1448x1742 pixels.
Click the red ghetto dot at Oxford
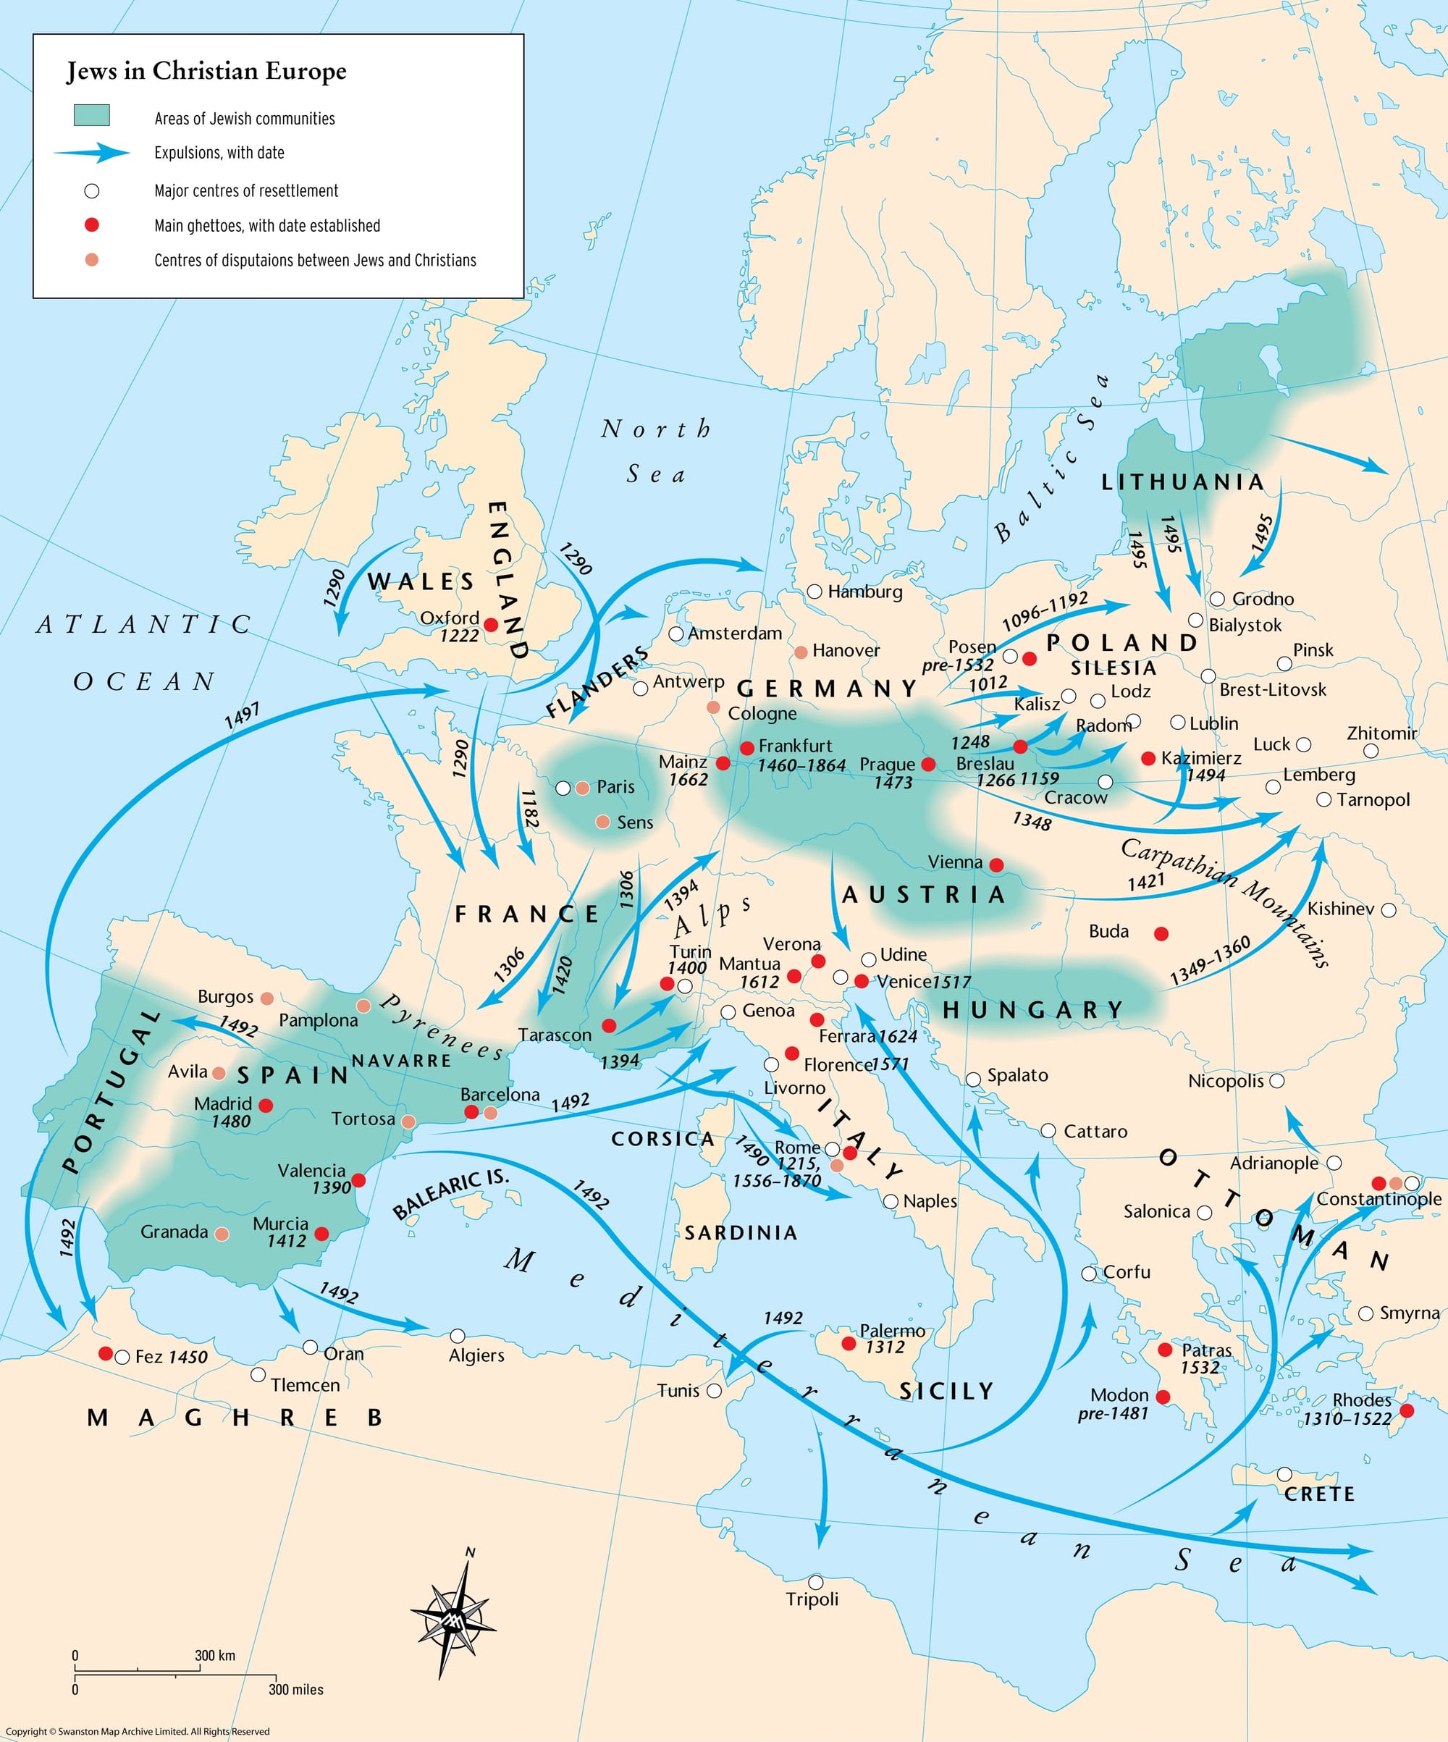pyautogui.click(x=491, y=625)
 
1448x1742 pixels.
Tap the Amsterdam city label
pyautogui.click(x=735, y=633)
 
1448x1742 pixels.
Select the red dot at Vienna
pyautogui.click(x=997, y=865)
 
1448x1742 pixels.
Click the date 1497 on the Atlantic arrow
pyautogui.click(x=242, y=715)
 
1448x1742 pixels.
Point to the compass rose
pyautogui.click(x=452, y=1616)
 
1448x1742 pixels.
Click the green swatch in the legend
pyautogui.click(x=91, y=115)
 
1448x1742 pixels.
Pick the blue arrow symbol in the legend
pyautogui.click(x=91, y=153)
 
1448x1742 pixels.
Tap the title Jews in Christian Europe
pyautogui.click(x=206, y=72)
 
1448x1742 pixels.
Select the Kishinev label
pyautogui.click(x=1340, y=909)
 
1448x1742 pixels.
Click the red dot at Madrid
pyautogui.click(x=266, y=1105)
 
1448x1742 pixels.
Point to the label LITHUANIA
pyautogui.click(x=1182, y=482)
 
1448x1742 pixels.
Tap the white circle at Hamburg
pyautogui.click(x=814, y=592)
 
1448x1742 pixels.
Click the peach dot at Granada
pyautogui.click(x=222, y=1234)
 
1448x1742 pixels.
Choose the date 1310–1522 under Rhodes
pyautogui.click(x=1347, y=1418)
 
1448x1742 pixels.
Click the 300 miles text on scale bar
pyautogui.click(x=296, y=1690)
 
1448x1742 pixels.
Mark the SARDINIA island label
pyautogui.click(x=741, y=1233)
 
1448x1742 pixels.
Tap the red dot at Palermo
pyautogui.click(x=849, y=1343)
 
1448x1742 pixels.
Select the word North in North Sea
pyautogui.click(x=656, y=429)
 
